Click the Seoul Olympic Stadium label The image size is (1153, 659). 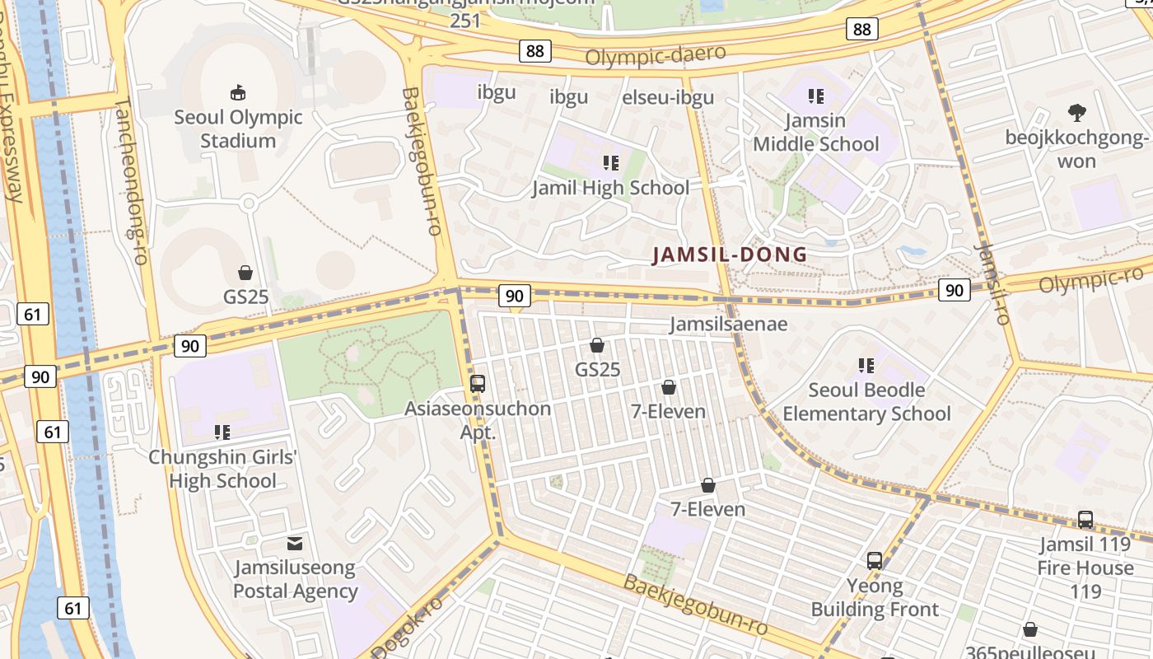pos(238,129)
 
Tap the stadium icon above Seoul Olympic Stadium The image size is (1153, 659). pos(238,92)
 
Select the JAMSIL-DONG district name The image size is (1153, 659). pos(730,255)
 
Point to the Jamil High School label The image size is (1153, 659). pos(610,188)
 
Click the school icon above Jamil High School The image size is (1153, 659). pos(610,162)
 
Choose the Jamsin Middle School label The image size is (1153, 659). pos(816,133)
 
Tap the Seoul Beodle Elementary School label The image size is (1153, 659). pos(866,401)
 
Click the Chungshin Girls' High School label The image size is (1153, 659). pos(222,469)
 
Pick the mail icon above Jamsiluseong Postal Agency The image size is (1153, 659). pos(294,544)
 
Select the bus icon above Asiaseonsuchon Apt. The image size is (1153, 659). pos(477,383)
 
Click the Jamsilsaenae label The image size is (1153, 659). pos(728,325)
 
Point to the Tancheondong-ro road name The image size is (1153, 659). pos(131,181)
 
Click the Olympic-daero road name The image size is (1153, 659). pos(656,55)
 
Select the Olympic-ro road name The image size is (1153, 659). pos(1090,278)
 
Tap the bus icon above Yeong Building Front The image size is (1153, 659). pos(875,561)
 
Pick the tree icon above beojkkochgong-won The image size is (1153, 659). pos(1076,113)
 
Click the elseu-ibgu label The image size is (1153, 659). pos(668,97)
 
